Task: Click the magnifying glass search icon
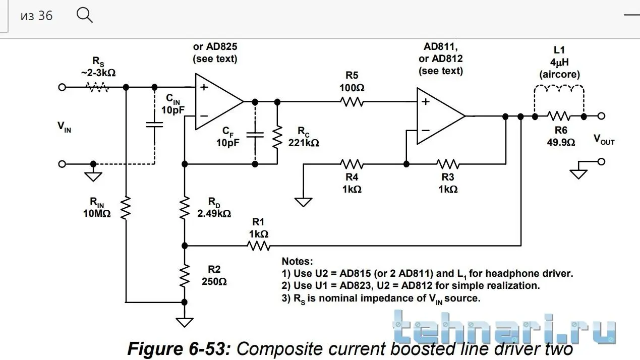(84, 15)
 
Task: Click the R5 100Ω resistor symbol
(352, 102)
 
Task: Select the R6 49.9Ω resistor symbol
(559, 116)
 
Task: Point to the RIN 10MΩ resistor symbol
(126, 208)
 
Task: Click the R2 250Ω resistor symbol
(185, 275)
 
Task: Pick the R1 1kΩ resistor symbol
(258, 246)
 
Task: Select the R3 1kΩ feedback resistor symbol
(448, 164)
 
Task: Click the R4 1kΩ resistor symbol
(352, 164)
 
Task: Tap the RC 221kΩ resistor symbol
(276, 137)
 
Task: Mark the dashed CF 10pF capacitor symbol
(255, 135)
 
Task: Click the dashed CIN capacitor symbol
(154, 124)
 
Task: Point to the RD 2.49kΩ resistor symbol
(185, 207)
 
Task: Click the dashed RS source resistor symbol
(98, 87)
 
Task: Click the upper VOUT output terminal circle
(601, 116)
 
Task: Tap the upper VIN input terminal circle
(62, 87)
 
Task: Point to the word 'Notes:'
(297, 261)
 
